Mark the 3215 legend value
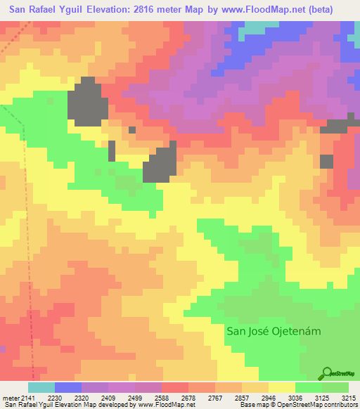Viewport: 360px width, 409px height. tap(349, 398)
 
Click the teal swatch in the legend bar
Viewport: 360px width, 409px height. tap(41, 387)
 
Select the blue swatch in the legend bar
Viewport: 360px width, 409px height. tap(68, 387)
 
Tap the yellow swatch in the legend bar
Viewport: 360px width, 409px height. tap(282, 387)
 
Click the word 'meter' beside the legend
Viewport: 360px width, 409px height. tap(11, 398)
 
